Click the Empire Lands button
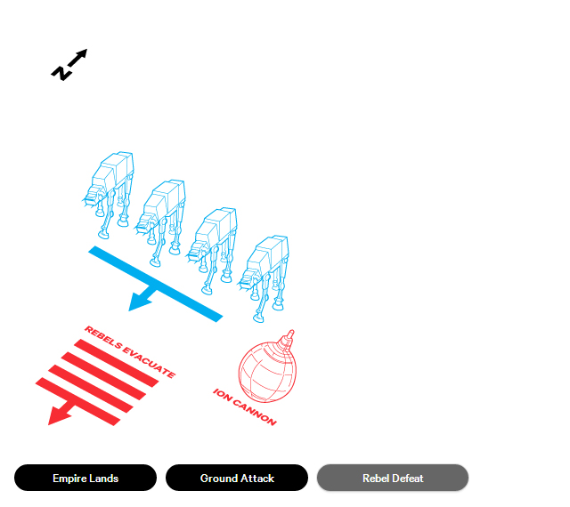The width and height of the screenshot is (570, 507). click(85, 478)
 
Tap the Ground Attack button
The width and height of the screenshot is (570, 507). click(237, 478)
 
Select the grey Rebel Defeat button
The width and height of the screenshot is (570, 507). click(393, 478)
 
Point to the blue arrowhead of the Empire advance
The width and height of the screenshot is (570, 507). click(139, 302)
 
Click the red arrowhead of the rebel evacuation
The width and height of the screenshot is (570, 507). click(59, 414)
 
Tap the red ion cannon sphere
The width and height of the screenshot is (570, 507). click(265, 369)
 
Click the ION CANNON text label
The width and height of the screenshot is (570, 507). click(245, 406)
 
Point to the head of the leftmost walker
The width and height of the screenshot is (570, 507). click(95, 192)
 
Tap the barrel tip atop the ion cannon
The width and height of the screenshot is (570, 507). click(288, 335)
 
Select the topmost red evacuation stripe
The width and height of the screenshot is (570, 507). click(121, 355)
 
